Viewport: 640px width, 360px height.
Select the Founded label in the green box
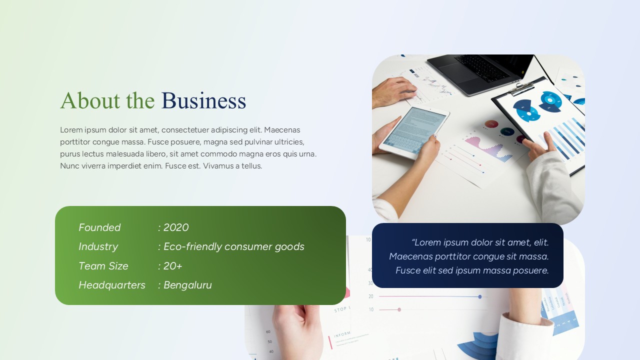[x=99, y=227]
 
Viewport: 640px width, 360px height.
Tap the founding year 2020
[x=176, y=227]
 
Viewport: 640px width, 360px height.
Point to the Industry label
[x=98, y=246]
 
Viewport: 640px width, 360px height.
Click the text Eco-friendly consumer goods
[x=234, y=246]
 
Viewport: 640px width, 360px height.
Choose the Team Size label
[x=103, y=266]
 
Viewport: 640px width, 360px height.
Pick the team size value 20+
[x=173, y=266]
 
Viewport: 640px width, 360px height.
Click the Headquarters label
[x=112, y=285]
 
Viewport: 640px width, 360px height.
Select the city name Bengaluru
[x=187, y=285]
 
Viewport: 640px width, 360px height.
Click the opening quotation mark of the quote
[x=413, y=242]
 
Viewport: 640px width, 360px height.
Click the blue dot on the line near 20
[x=480, y=296]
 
